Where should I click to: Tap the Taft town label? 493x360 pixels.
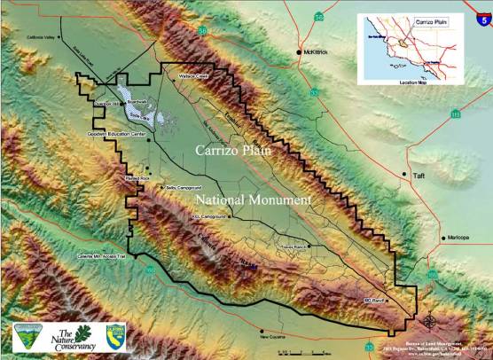click(x=419, y=176)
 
